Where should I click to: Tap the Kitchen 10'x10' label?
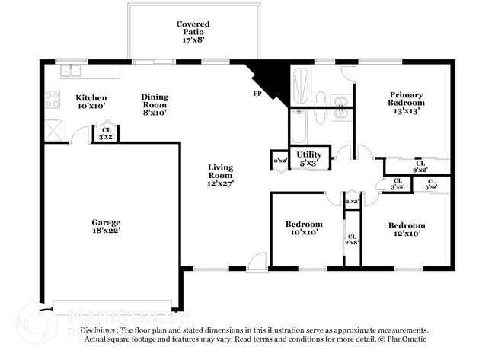[91, 102]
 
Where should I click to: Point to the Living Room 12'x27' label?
[221, 174]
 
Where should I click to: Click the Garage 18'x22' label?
[106, 226]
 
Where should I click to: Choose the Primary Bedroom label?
[406, 101]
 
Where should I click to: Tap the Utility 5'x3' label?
[309, 158]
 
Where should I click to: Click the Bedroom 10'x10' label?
[304, 229]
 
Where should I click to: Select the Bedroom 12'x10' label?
[406, 230]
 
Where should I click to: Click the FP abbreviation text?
[257, 94]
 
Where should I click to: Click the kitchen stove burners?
[52, 99]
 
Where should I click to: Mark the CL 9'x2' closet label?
[419, 166]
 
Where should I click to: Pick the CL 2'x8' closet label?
[352, 241]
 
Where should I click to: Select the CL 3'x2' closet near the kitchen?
[106, 134]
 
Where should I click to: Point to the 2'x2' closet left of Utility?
[279, 161]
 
